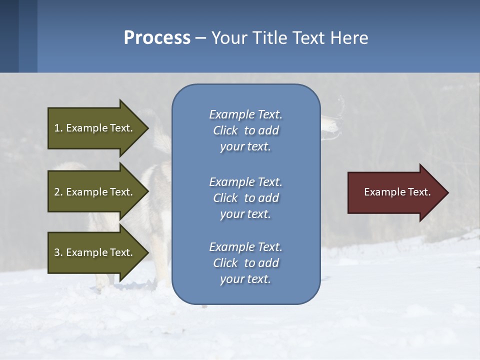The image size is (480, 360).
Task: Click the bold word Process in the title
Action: point(157,38)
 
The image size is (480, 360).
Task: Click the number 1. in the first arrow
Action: point(58,128)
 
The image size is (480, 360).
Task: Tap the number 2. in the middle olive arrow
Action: point(58,192)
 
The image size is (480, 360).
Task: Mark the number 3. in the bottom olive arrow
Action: point(58,252)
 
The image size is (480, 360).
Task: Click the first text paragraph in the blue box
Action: point(245,130)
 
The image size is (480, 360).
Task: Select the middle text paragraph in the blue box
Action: point(245,198)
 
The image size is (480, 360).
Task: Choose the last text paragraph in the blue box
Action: point(245,263)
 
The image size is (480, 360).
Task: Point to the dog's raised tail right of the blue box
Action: point(332,122)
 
